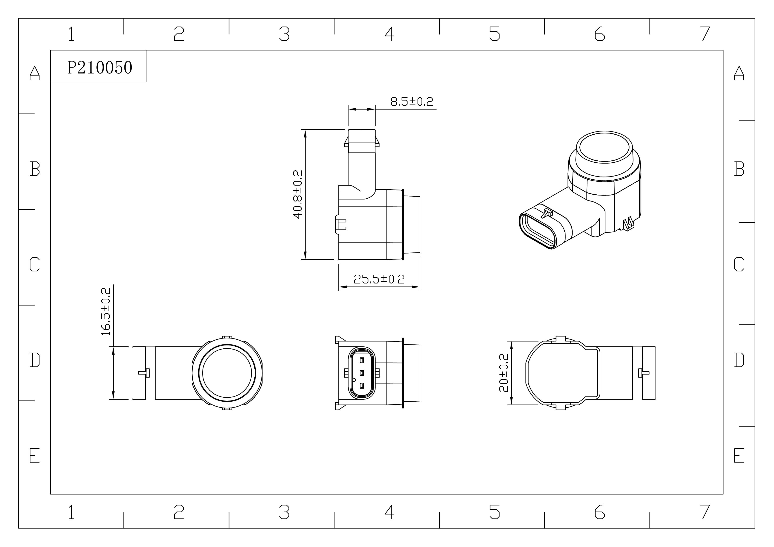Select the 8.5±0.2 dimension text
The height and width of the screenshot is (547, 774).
412,102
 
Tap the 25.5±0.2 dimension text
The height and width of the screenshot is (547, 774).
379,279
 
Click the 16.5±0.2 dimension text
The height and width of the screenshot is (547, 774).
106,312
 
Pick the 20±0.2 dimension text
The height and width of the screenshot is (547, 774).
504,373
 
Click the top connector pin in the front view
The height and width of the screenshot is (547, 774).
362,360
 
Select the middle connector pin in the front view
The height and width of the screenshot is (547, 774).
362,373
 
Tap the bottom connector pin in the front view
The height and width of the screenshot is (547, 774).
362,385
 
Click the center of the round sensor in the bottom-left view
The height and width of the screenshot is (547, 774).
227,373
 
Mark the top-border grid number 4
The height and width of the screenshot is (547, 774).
389,34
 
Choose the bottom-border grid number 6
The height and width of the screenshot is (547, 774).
599,512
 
